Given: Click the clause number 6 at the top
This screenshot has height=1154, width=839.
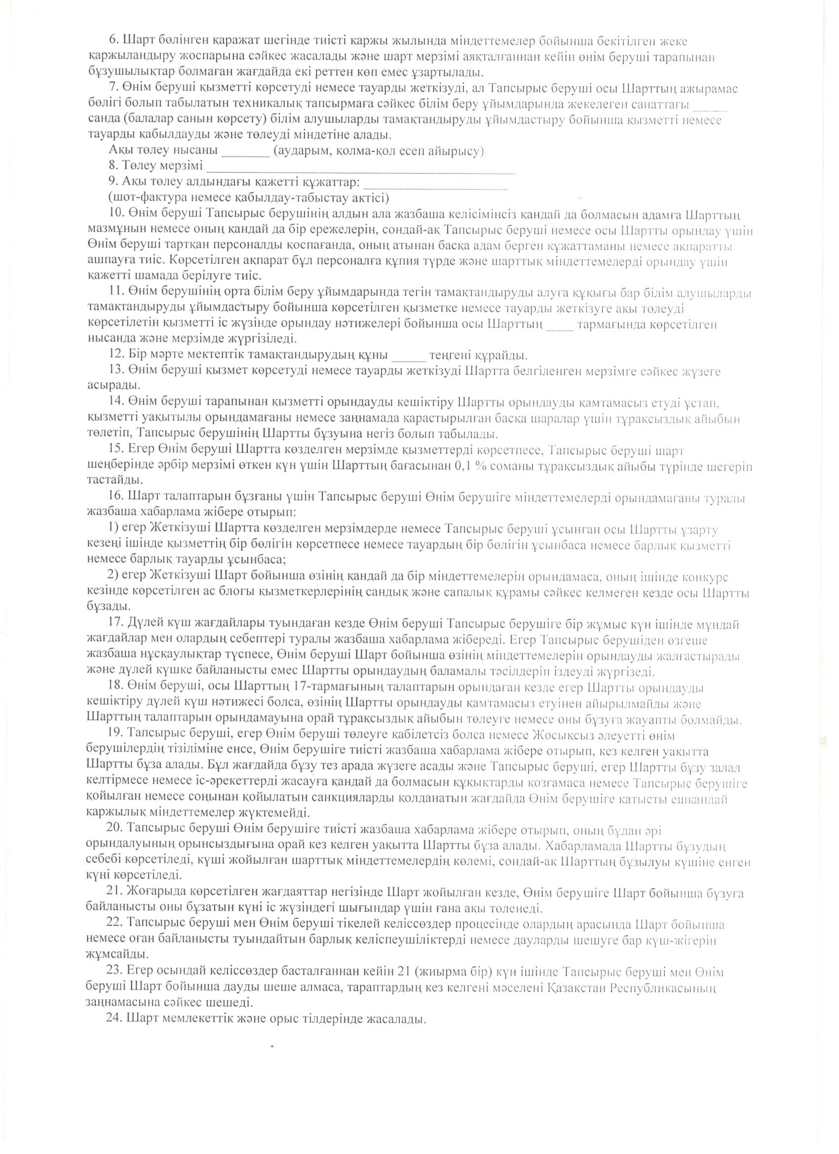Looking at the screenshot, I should click(x=114, y=41).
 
